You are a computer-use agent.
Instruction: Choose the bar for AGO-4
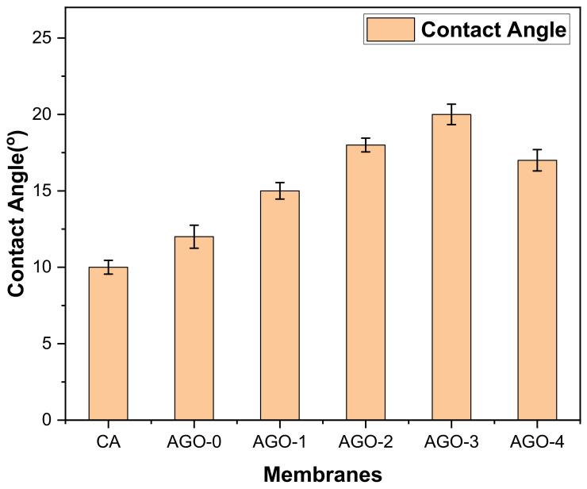tap(537, 290)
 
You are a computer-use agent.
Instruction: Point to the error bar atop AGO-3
tap(451, 114)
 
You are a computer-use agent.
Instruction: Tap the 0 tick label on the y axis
tap(51, 420)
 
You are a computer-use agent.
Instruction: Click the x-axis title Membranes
tap(322, 474)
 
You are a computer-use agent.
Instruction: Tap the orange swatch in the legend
tap(390, 30)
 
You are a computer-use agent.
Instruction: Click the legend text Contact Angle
tap(493, 30)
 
